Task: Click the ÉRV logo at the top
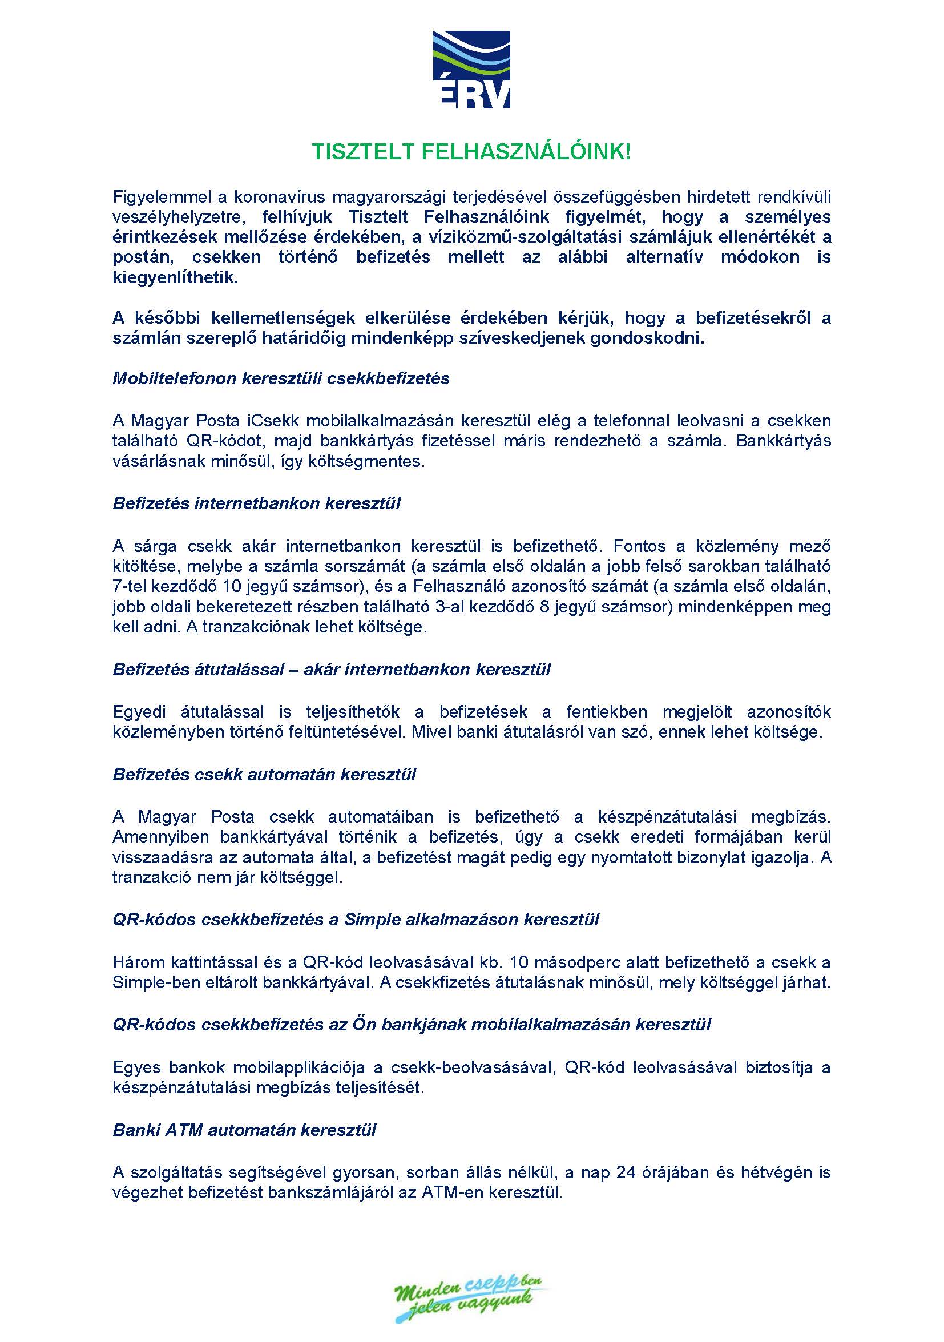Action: coord(471,70)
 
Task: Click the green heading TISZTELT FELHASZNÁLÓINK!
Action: coord(471,152)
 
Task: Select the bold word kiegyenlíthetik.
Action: coord(175,277)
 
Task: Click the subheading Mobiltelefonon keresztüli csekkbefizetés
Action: coord(281,379)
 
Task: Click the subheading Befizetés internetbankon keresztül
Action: coord(257,504)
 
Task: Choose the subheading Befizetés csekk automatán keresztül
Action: coord(264,775)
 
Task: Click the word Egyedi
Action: coord(139,712)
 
